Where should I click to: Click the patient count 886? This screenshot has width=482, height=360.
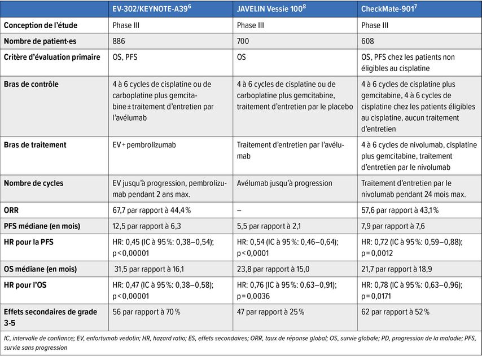pyautogui.click(x=119, y=41)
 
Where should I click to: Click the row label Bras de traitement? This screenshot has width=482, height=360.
pyautogui.click(x=35, y=145)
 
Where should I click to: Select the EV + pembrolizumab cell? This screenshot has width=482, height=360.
pyautogui.click(x=144, y=145)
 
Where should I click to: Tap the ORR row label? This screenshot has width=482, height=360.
pyautogui.click(x=12, y=210)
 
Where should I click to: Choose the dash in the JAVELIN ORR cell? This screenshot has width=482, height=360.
pyautogui.click(x=239, y=210)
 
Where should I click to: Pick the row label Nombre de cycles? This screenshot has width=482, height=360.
pyautogui.click(x=34, y=183)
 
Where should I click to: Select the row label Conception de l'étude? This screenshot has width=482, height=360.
pyautogui.click(x=41, y=25)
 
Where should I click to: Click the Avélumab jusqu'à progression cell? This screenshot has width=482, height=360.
pyautogui.click(x=284, y=183)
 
